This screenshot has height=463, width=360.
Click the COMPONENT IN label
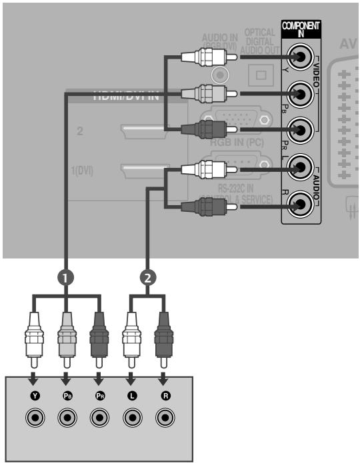click(x=301, y=28)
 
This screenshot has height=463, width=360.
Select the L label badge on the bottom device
click(x=132, y=396)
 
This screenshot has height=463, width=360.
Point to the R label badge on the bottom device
click(x=164, y=396)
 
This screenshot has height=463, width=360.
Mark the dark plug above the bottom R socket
click(x=164, y=336)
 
